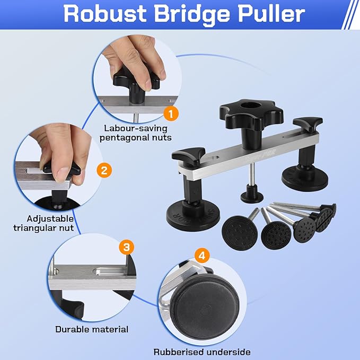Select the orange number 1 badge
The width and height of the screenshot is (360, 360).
[x=171, y=113]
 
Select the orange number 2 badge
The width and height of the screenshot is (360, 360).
[x=104, y=170]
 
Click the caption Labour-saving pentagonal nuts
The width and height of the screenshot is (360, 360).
[x=136, y=133]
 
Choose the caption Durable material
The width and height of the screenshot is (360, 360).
[x=92, y=329]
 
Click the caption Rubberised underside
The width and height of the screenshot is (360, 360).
[x=202, y=352]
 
